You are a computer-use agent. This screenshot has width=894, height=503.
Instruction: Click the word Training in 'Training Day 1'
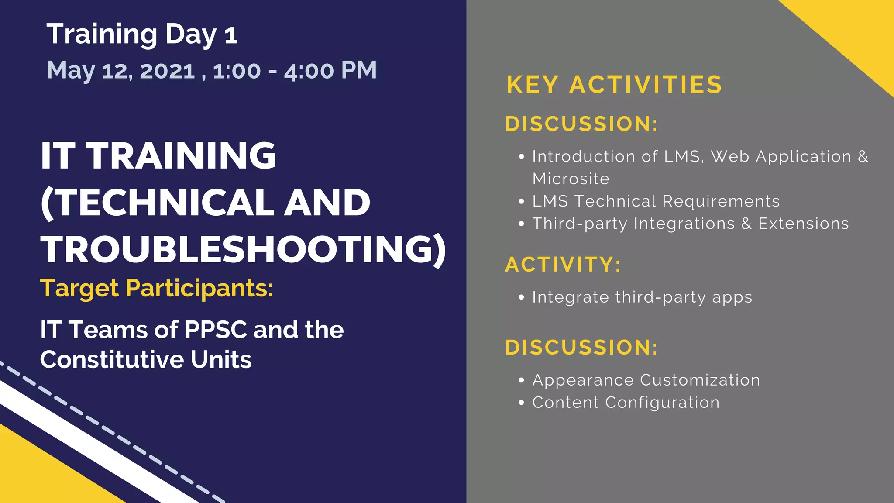coord(102,34)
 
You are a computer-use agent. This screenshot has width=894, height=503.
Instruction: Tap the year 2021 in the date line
coord(167,71)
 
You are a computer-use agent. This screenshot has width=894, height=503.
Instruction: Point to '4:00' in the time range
coord(309,71)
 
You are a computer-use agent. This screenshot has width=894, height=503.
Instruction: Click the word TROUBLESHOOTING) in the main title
coord(243,249)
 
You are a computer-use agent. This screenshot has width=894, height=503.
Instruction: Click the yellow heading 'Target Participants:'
coord(156,289)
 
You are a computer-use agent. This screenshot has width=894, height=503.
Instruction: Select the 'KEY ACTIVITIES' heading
coord(614,85)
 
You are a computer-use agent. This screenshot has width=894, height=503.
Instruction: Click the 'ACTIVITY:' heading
coord(563,265)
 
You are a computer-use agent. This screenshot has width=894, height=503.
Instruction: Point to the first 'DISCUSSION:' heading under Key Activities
coord(581,124)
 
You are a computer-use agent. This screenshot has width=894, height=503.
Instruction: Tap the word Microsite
coord(571,179)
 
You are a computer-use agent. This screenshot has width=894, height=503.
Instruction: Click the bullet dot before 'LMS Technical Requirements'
coord(521,202)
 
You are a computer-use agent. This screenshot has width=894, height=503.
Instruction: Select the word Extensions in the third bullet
coord(803,224)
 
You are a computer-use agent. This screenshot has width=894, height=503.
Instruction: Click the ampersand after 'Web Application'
coord(863,156)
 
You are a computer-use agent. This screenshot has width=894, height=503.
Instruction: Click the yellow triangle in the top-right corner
coord(856,31)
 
